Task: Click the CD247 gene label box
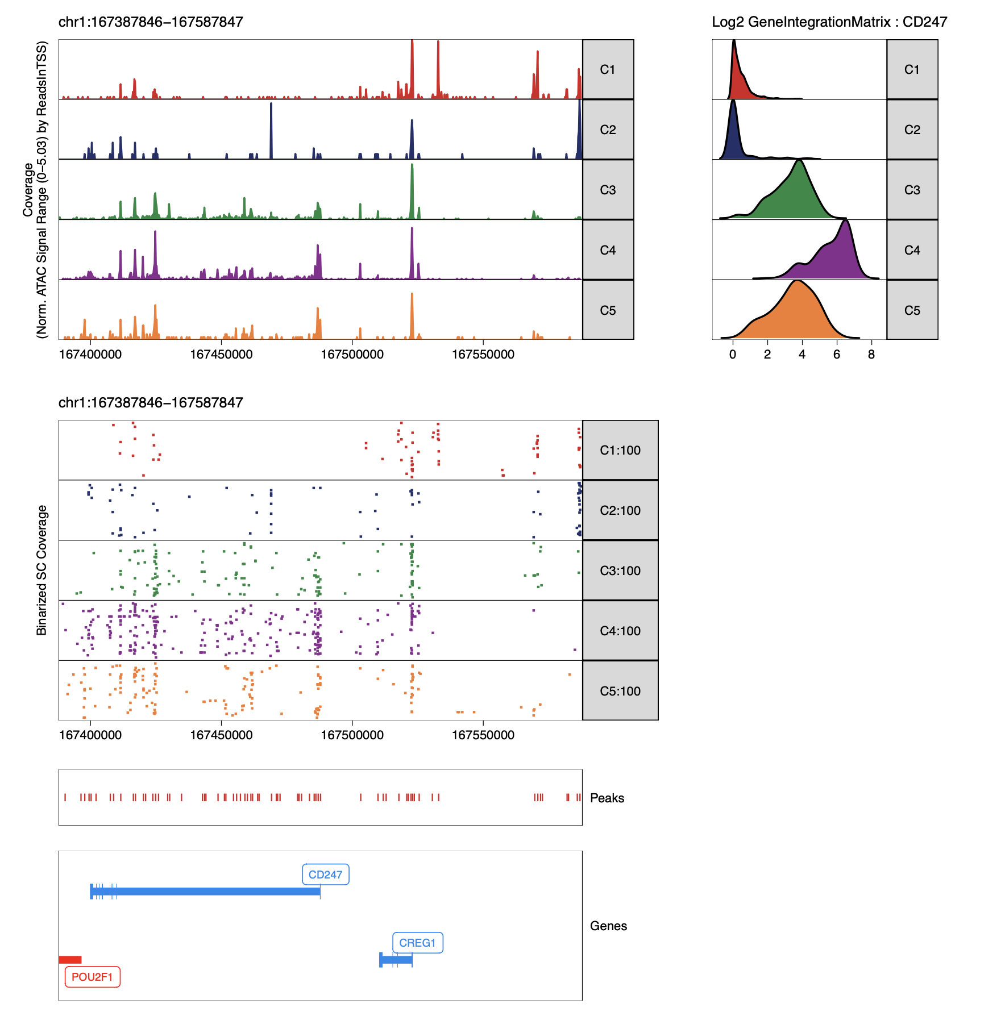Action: [325, 875]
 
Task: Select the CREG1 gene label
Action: [417, 943]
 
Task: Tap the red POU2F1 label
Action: [92, 977]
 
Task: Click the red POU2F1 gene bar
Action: [70, 960]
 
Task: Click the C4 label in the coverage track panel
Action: [608, 250]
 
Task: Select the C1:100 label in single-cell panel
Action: [620, 450]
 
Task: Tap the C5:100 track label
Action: [620, 691]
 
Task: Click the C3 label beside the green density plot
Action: [912, 190]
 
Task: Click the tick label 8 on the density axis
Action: [871, 355]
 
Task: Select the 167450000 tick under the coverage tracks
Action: [221, 355]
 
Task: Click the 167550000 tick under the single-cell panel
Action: [483, 735]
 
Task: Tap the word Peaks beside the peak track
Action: [607, 798]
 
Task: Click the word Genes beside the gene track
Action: [608, 926]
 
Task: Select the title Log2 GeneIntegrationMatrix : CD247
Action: [829, 22]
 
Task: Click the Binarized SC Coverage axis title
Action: [41, 570]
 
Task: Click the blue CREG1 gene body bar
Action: [396, 960]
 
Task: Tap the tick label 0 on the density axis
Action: [733, 355]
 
